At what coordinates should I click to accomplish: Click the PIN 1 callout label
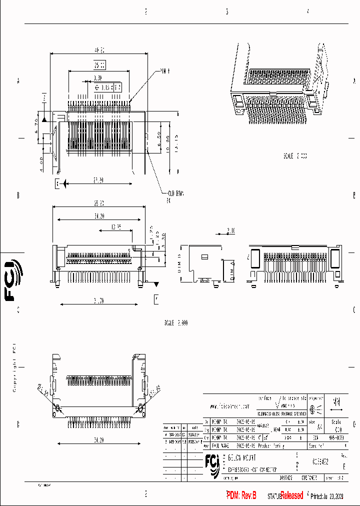tap(165, 71)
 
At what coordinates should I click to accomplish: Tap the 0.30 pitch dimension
tap(98, 78)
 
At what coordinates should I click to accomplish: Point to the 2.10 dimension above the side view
tap(231, 231)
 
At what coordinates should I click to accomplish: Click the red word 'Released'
tap(291, 495)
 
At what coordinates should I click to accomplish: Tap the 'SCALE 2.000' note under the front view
tap(175, 323)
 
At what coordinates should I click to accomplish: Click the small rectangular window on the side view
tap(204, 256)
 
